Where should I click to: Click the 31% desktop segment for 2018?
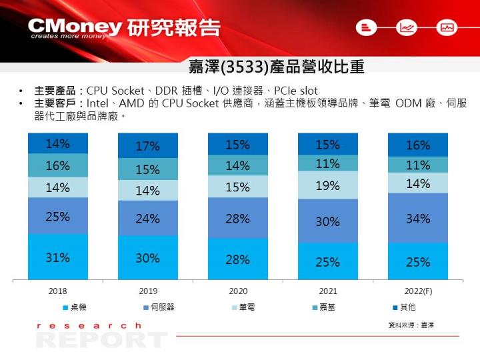(x=57, y=257)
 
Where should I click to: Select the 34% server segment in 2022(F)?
(x=418, y=218)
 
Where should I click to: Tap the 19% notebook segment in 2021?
(x=327, y=185)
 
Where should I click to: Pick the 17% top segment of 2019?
(x=147, y=146)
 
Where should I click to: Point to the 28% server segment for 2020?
(x=237, y=218)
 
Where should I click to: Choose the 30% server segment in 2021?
(x=327, y=221)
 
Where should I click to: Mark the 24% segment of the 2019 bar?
(x=147, y=218)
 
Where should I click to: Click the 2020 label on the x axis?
(x=238, y=291)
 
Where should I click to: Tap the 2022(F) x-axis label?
(x=418, y=291)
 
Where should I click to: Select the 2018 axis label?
(x=57, y=291)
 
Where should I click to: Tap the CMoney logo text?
(x=75, y=27)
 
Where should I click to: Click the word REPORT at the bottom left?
(x=100, y=340)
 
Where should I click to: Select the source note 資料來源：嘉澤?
(x=411, y=325)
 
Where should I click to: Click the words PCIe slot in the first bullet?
(x=296, y=91)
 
